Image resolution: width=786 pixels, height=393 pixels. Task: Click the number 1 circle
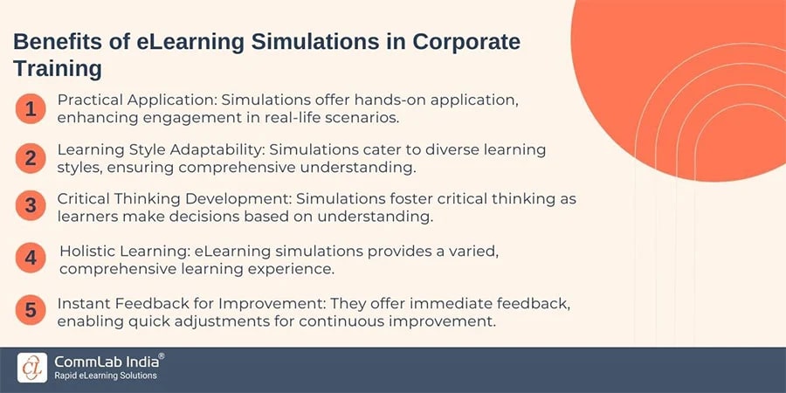[x=31, y=109]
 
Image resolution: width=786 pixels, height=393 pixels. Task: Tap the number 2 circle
[x=31, y=158]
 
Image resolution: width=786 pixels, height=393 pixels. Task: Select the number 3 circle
[x=31, y=207]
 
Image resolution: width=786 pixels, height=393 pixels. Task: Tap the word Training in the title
[x=58, y=68]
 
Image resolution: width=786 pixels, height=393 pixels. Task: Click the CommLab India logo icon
[x=32, y=367]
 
